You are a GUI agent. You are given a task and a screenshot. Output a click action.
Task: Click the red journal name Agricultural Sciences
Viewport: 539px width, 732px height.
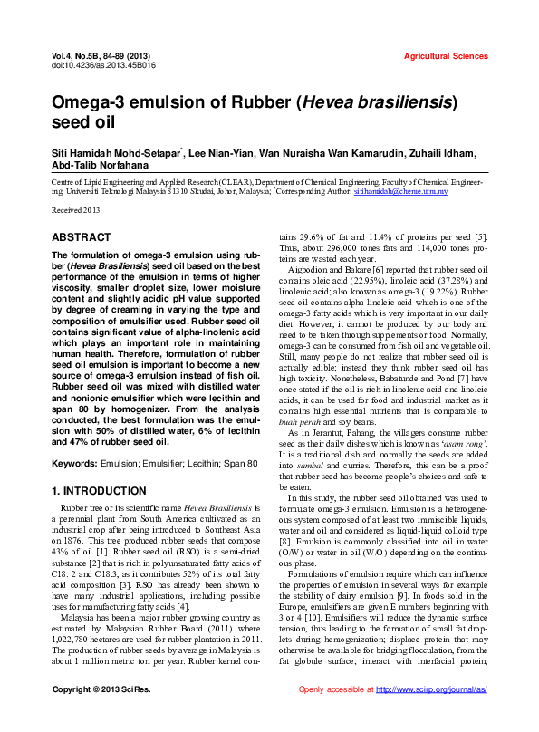tap(445, 56)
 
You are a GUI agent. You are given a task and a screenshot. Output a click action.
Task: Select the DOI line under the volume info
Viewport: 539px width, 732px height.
tap(91, 65)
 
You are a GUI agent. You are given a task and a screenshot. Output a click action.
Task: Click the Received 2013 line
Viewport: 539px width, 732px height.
tap(75, 210)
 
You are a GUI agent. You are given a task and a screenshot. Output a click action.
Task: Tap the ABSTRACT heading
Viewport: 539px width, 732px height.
tap(81, 236)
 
